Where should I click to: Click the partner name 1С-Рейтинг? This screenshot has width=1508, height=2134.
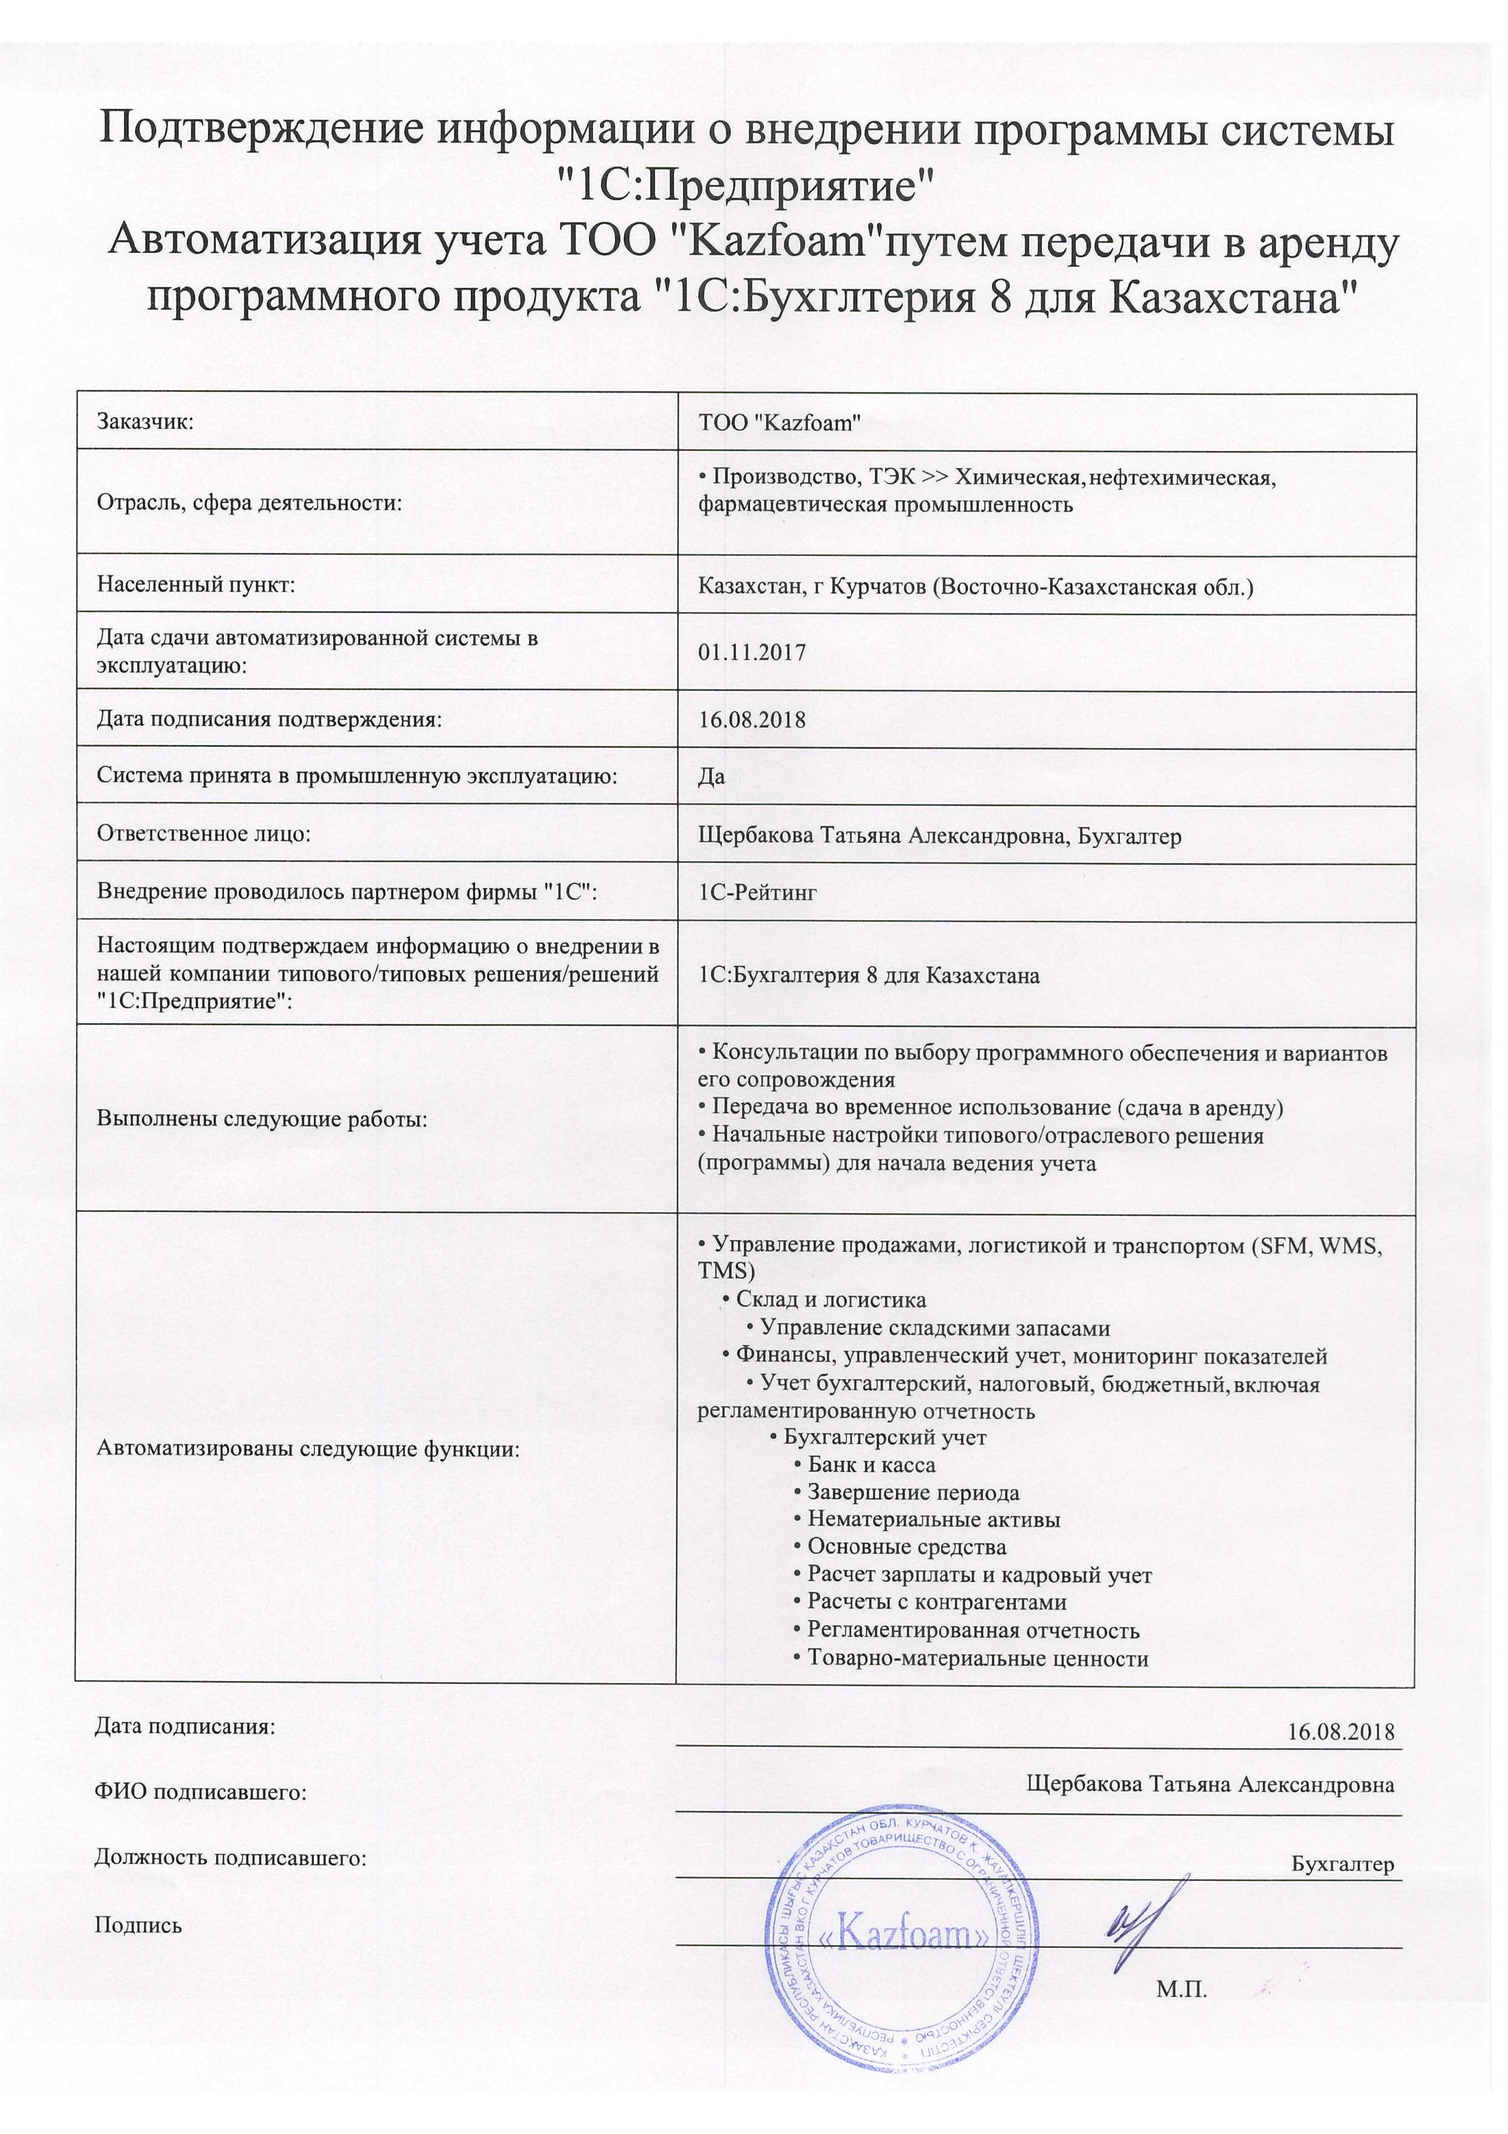coord(757,892)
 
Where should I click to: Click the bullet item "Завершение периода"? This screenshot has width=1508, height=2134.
coord(912,1493)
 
